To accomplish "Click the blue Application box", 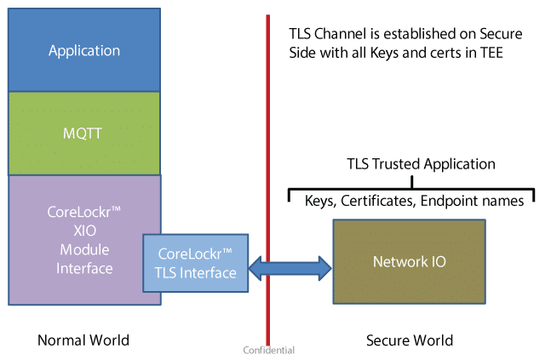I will tap(83, 49).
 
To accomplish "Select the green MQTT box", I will tap(83, 133).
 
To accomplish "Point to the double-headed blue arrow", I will tap(290, 270).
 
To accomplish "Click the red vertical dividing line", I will tap(269, 128).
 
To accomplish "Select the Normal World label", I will tap(83, 340).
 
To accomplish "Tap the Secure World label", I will tap(410, 340).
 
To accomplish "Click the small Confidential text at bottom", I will tap(269, 350).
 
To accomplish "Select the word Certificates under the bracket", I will tap(385, 198).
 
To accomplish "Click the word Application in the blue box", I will tap(83, 50).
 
